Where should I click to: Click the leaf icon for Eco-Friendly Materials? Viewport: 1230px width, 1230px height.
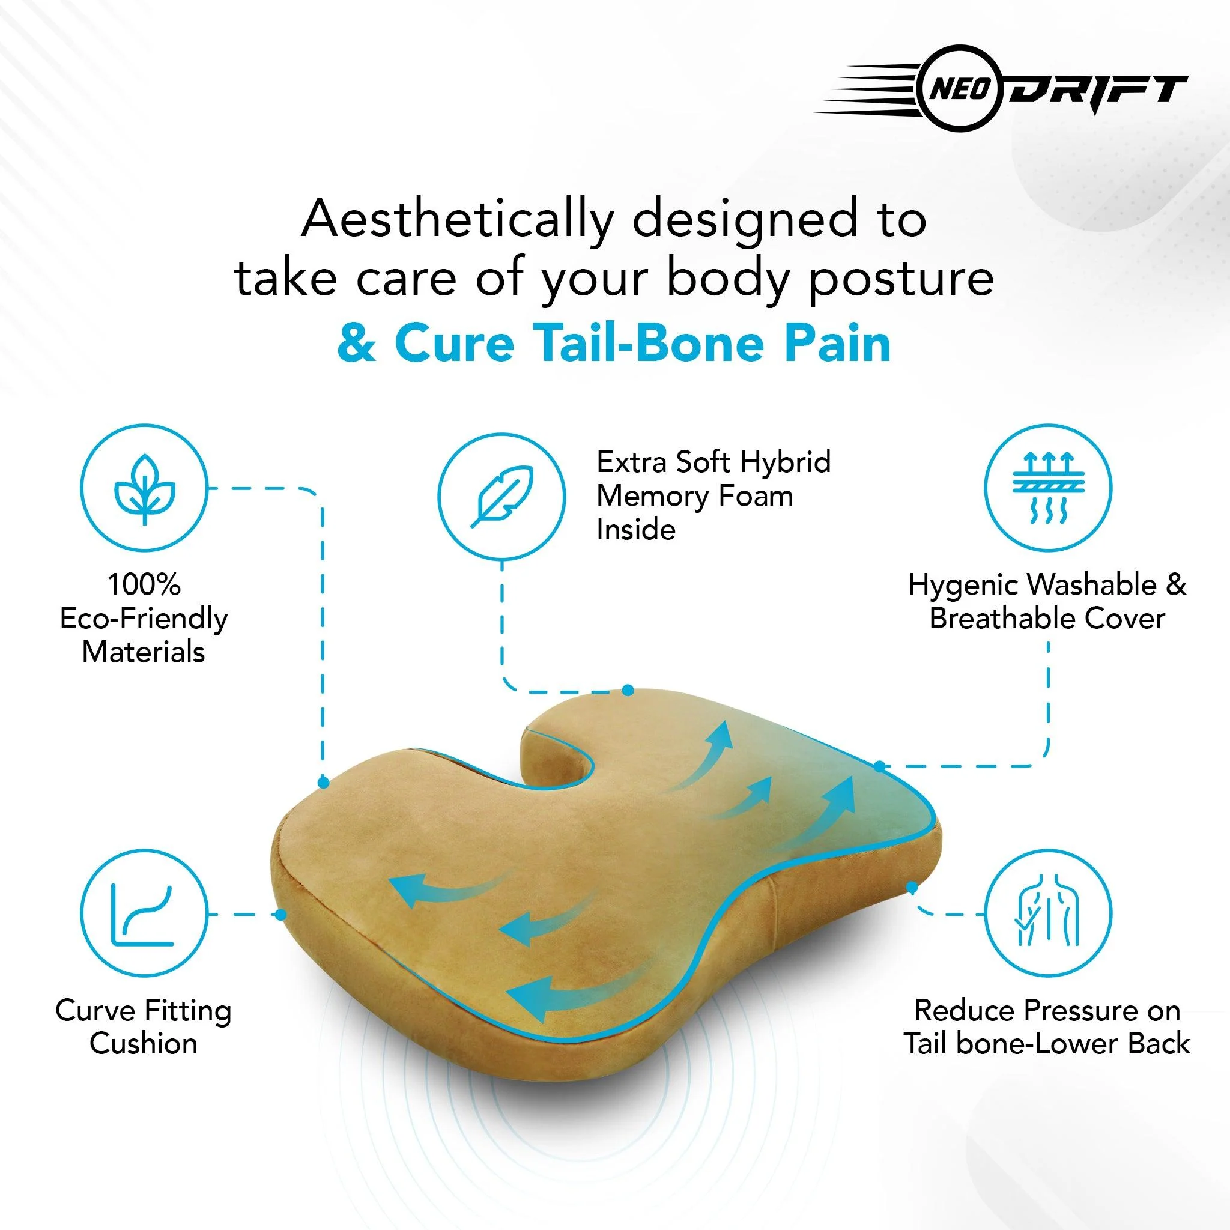(145, 488)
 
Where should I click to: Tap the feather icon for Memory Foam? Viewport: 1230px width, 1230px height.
(501, 496)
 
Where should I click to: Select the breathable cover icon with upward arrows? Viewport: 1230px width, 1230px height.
(1048, 488)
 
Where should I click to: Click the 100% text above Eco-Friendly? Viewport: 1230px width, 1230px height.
(145, 584)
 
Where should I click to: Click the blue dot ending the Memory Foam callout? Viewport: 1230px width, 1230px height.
(628, 690)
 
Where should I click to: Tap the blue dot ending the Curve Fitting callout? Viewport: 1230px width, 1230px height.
(280, 915)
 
